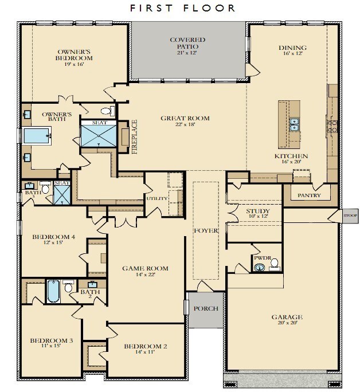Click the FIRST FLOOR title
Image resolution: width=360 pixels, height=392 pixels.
[182, 8]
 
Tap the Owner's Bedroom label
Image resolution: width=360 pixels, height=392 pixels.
[74, 55]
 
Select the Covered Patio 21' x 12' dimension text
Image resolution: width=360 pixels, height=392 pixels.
[187, 53]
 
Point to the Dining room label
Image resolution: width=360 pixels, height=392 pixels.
[292, 48]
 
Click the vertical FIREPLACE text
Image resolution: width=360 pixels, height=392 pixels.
[135, 137]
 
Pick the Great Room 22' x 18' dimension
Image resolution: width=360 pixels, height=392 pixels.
[185, 124]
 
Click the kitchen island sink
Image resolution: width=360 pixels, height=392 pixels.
[294, 124]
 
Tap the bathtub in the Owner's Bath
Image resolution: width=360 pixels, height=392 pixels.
[37, 136]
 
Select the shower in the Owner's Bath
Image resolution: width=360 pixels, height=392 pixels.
[99, 136]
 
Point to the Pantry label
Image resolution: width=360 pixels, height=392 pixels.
[309, 195]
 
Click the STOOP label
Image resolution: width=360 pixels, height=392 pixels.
[350, 215]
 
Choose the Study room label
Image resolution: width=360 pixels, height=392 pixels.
[258, 211]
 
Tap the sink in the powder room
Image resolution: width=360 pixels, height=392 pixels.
[260, 268]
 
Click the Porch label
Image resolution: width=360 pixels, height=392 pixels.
[206, 308]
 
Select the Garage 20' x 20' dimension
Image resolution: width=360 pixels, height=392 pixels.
[287, 323]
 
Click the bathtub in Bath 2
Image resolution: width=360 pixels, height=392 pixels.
[53, 291]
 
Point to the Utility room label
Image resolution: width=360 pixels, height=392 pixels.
[156, 198]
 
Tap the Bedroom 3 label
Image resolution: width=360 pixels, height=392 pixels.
[52, 340]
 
